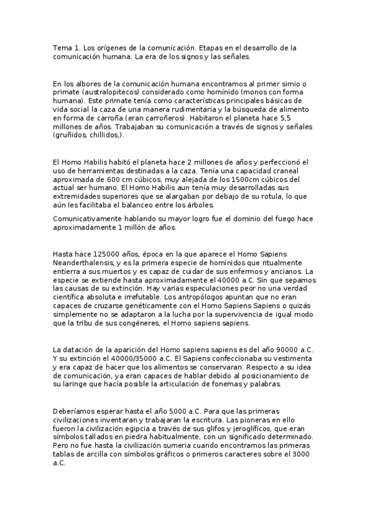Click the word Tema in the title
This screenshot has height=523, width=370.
62,47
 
